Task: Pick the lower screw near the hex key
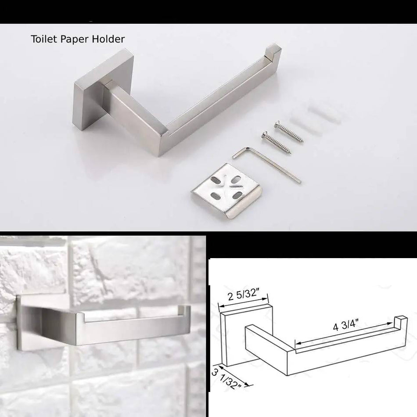(277, 143)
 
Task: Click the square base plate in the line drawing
(233, 336)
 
